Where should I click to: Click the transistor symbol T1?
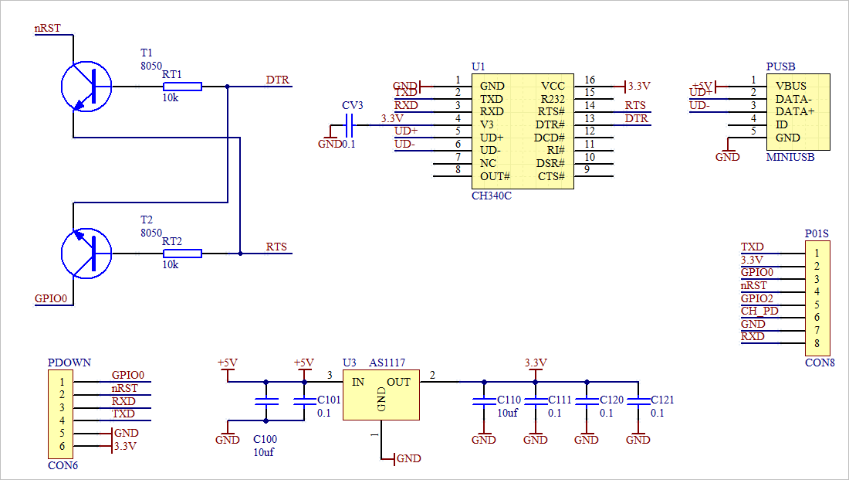click(86, 86)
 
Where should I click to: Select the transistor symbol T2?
click(86, 253)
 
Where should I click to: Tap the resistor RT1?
click(182, 86)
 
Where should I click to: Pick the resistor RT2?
click(182, 253)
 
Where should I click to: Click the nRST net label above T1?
click(48, 29)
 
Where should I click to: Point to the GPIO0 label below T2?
click(52, 298)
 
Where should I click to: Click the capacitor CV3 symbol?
click(350, 124)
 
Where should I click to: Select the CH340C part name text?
click(491, 196)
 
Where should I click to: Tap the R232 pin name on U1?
click(553, 99)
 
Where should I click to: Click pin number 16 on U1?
click(590, 80)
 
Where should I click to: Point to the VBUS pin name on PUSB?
click(790, 86)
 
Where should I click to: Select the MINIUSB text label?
click(790, 157)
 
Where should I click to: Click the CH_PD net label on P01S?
click(759, 311)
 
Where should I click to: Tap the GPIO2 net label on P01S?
click(757, 298)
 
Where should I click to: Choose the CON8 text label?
click(820, 362)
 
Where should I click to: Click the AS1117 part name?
click(387, 363)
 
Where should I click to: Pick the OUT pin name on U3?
click(399, 382)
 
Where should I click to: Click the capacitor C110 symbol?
click(484, 402)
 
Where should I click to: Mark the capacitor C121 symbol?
click(638, 402)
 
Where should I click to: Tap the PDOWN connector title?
click(69, 363)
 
